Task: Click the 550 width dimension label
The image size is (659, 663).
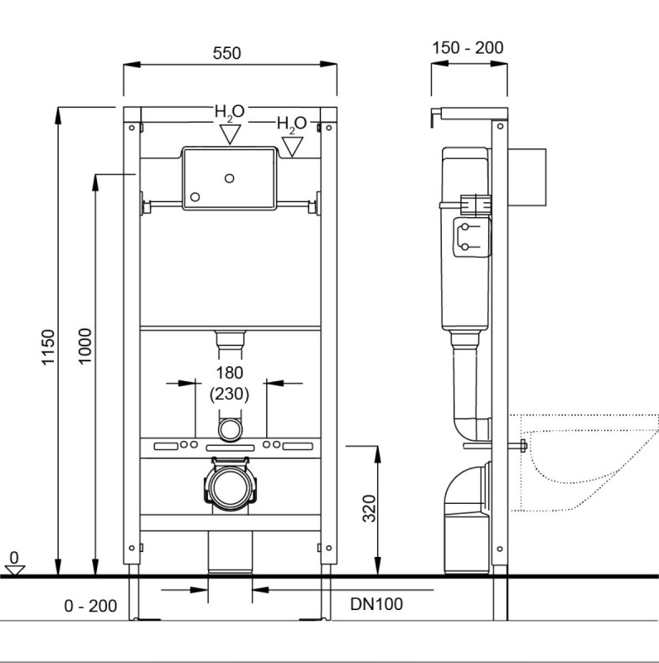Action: pyautogui.click(x=227, y=53)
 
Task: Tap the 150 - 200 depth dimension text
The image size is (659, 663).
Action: pyautogui.click(x=468, y=47)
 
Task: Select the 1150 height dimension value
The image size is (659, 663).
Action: pyautogui.click(x=48, y=346)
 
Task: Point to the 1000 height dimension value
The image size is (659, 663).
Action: pyautogui.click(x=85, y=346)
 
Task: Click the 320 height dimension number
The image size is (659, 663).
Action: pyautogui.click(x=369, y=508)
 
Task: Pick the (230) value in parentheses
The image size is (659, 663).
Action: pyautogui.click(x=230, y=394)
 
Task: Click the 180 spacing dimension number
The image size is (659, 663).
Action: pyautogui.click(x=230, y=373)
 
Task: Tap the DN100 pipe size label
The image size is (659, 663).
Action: pyautogui.click(x=376, y=604)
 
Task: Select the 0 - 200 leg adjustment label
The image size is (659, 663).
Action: pyautogui.click(x=90, y=606)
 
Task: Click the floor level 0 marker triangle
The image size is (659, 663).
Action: pyautogui.click(x=14, y=570)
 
